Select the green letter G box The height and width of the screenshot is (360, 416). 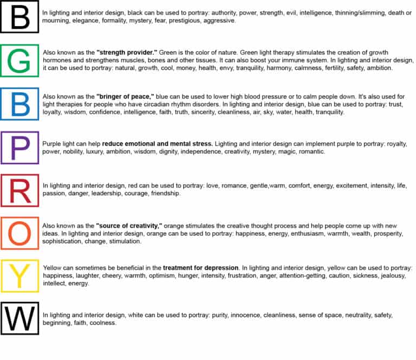click(20, 60)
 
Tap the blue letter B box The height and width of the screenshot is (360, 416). click(20, 103)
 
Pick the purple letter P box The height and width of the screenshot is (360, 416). click(20, 147)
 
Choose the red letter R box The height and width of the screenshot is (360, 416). click(20, 190)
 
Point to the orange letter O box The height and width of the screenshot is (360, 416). click(20, 233)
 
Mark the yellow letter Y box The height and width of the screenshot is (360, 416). click(20, 277)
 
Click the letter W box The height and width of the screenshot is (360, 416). click(20, 319)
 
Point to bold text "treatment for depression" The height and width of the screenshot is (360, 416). click(200, 268)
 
